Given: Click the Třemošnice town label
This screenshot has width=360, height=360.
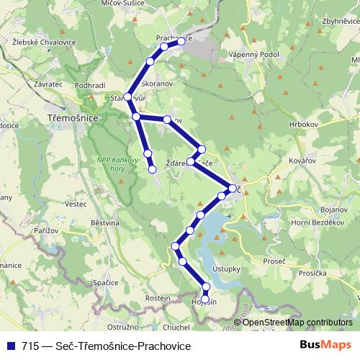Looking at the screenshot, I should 69,115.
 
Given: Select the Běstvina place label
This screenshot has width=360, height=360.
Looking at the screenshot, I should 105,224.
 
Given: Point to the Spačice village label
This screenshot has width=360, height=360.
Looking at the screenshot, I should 104,282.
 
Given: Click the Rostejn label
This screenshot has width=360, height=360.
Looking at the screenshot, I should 157,297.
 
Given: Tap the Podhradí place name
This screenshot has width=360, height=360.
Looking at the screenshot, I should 90,86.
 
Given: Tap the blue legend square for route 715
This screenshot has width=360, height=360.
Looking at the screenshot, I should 10,346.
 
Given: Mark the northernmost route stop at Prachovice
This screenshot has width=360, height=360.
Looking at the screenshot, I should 181,42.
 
